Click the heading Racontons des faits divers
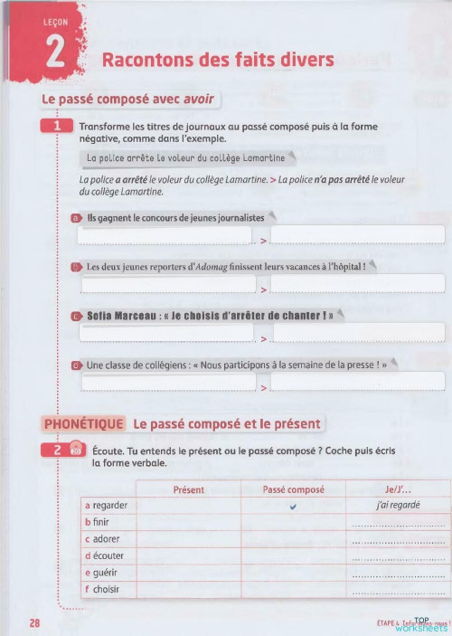click(x=218, y=61)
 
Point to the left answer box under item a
click(x=165, y=236)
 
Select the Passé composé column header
click(x=293, y=489)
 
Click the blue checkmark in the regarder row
click(x=293, y=506)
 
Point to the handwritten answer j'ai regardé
click(x=398, y=506)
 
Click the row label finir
click(x=99, y=523)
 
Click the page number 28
click(x=34, y=622)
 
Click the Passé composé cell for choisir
click(x=293, y=590)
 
